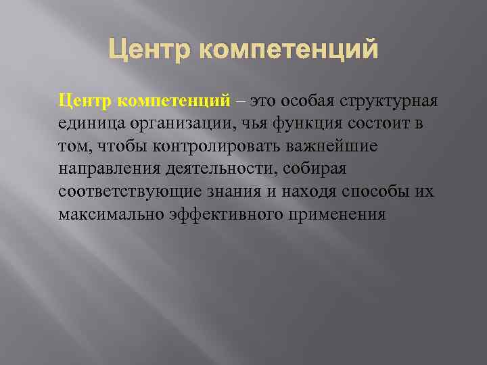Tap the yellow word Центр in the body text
pyautogui.click(x=86, y=101)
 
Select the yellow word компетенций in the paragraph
pyautogui.click(x=175, y=102)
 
